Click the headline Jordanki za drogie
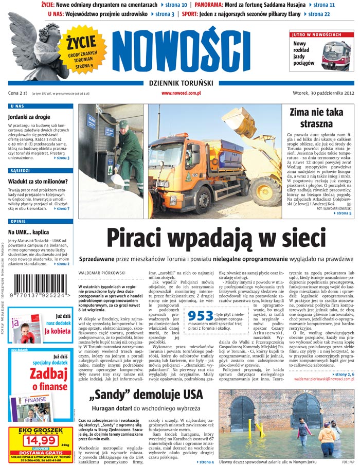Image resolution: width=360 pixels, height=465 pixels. point(29,117)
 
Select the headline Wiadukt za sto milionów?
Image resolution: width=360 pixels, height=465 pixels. point(39,181)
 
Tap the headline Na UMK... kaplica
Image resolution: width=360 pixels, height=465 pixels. point(29,232)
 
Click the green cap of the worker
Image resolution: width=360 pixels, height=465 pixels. point(123,124)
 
